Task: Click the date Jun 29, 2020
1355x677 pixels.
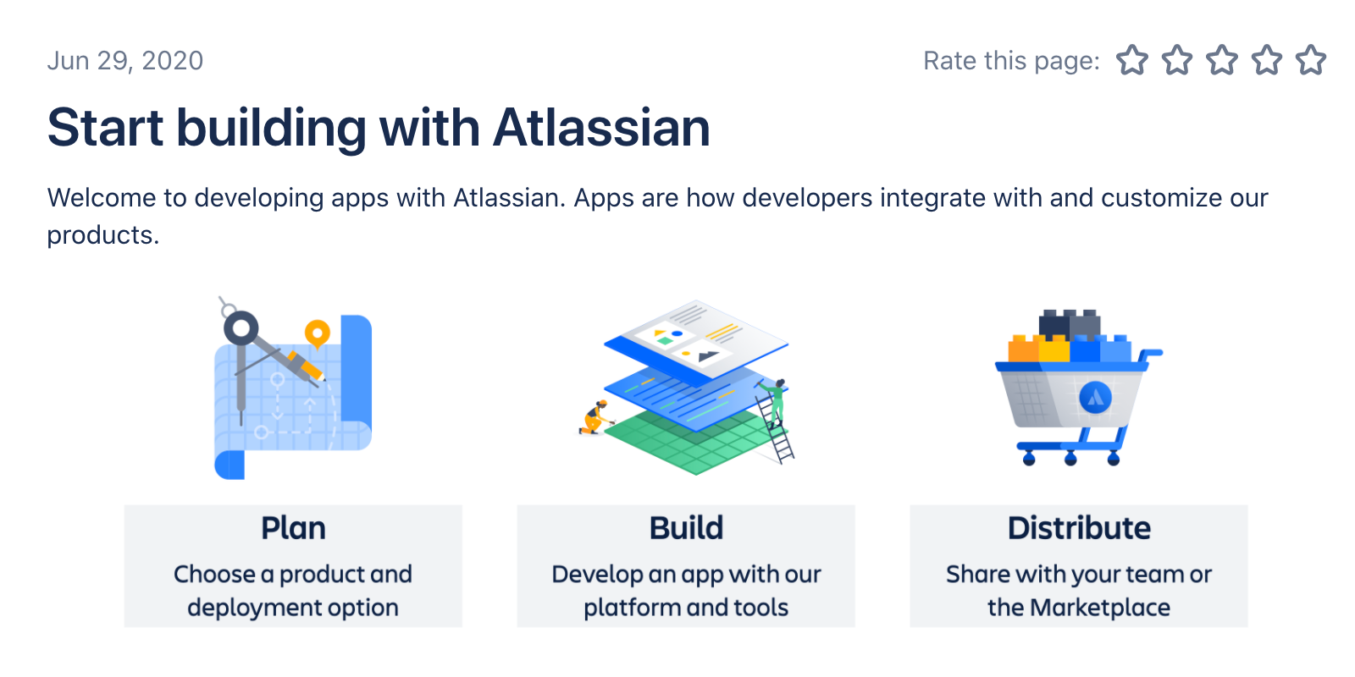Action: pyautogui.click(x=125, y=60)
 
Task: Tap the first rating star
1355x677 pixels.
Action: pyautogui.click(x=1131, y=60)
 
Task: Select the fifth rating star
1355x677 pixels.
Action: pyautogui.click(x=1311, y=60)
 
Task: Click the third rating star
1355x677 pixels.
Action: pyautogui.click(x=1222, y=60)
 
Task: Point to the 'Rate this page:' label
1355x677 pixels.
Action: pyautogui.click(x=1011, y=61)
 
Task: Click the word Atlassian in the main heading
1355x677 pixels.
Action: pyautogui.click(x=601, y=128)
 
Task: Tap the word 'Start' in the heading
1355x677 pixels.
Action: pyautogui.click(x=105, y=128)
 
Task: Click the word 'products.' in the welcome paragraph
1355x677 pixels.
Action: pyautogui.click(x=103, y=236)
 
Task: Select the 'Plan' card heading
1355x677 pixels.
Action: pyautogui.click(x=293, y=528)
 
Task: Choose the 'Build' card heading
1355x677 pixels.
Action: pyautogui.click(x=686, y=528)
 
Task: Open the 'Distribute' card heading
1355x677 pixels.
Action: pyautogui.click(x=1079, y=528)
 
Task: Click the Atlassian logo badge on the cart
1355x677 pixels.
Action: pyautogui.click(x=1095, y=398)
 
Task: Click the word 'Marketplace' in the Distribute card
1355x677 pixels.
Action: pyautogui.click(x=1100, y=608)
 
